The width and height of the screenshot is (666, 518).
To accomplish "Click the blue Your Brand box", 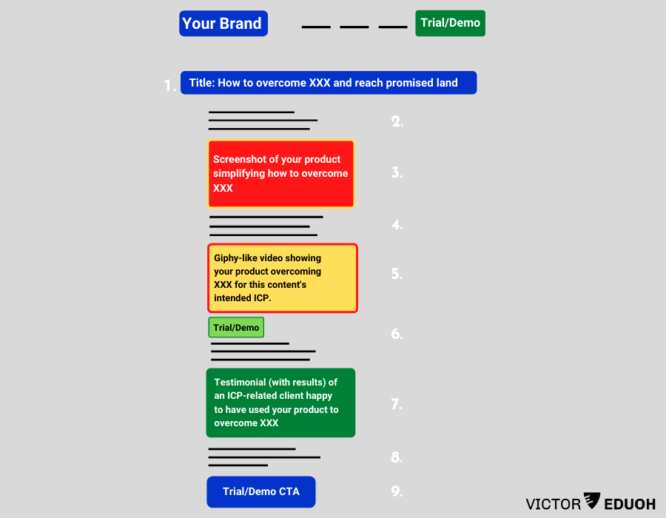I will (x=223, y=24).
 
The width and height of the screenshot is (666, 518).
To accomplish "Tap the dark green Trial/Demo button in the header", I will (x=450, y=23).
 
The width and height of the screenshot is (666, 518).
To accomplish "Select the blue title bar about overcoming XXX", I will (x=329, y=83).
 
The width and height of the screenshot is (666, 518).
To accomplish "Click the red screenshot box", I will (x=281, y=174).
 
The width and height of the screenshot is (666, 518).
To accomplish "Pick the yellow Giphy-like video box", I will (x=283, y=278).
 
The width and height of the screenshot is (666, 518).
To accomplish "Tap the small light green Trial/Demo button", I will (x=236, y=327).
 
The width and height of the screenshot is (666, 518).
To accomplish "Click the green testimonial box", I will (x=280, y=403).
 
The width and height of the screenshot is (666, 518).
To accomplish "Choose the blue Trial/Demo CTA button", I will (x=261, y=491).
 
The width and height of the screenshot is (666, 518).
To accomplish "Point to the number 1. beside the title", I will (x=170, y=84).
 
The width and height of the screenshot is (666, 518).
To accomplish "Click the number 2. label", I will (x=397, y=122).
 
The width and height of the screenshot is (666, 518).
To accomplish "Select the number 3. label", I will (x=397, y=172).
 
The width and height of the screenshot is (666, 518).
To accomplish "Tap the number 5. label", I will (x=397, y=274).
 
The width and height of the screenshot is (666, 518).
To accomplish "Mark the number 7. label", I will (x=397, y=404).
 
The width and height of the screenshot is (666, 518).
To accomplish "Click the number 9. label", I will (x=397, y=491).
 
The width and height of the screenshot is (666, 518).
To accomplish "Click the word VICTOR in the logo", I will (x=554, y=505).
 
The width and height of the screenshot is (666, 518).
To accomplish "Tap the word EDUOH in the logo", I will (x=630, y=505).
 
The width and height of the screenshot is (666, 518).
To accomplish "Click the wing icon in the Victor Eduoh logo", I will (x=593, y=500).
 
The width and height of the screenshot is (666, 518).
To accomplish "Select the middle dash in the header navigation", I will (x=354, y=27).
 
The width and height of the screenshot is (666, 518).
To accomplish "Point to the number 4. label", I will (x=397, y=224).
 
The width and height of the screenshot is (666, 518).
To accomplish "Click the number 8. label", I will (x=397, y=457).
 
